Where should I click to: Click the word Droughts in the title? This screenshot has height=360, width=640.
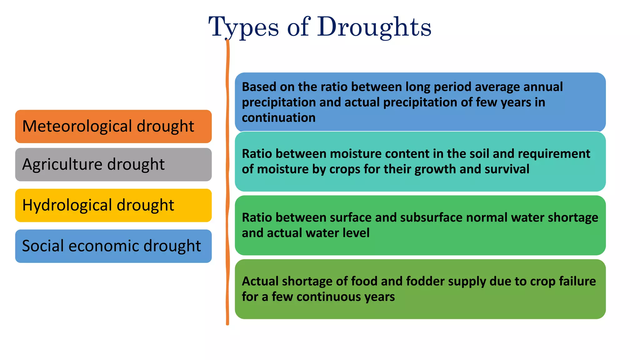coord(374,27)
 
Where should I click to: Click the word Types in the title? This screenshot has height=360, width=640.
coord(243,27)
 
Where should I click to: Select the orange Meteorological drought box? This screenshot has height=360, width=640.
coord(113,126)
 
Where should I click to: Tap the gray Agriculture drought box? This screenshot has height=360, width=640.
coord(113,164)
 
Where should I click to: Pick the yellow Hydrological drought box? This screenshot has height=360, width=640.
coord(113,205)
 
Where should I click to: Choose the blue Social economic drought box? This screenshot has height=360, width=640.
coord(113,246)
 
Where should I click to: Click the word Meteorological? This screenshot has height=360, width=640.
coord(77,126)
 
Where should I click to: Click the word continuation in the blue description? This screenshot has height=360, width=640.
coord(278,118)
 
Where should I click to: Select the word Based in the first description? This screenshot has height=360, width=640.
coord(259,87)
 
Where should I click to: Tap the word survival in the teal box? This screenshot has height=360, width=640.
coord(507,169)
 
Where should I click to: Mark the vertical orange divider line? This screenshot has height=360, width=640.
coord(227,187)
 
